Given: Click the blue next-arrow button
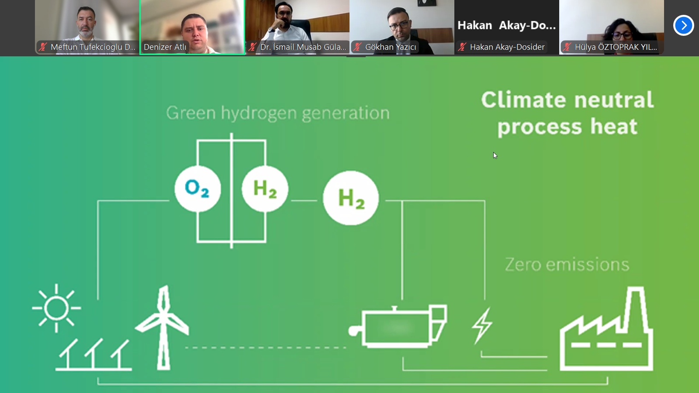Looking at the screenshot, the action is pos(683,25).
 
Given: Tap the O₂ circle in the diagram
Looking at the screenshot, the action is pos(198,189).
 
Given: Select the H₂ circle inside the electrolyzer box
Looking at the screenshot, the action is pos(265,189).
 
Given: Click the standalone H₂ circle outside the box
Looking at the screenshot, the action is pos(351,198).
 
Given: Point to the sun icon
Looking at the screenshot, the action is pos(56,308).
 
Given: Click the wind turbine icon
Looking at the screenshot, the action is pos(162,327).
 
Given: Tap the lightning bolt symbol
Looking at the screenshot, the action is pos(482,326).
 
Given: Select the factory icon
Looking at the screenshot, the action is pos(606,329).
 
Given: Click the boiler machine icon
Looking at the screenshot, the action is pos(398,326).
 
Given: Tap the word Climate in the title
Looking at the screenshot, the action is pos(524,100).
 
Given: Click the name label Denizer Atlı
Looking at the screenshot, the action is pos(165,47).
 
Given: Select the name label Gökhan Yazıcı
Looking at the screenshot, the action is pos(391,47).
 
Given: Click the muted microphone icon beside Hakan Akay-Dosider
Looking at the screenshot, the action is pos(462,47).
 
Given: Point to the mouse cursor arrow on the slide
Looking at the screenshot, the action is pos(495,155).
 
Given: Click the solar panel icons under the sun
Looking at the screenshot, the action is pos(93,355).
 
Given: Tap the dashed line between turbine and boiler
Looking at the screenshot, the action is pos(266,348).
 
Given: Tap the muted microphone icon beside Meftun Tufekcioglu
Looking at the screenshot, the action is pos(43,47).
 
